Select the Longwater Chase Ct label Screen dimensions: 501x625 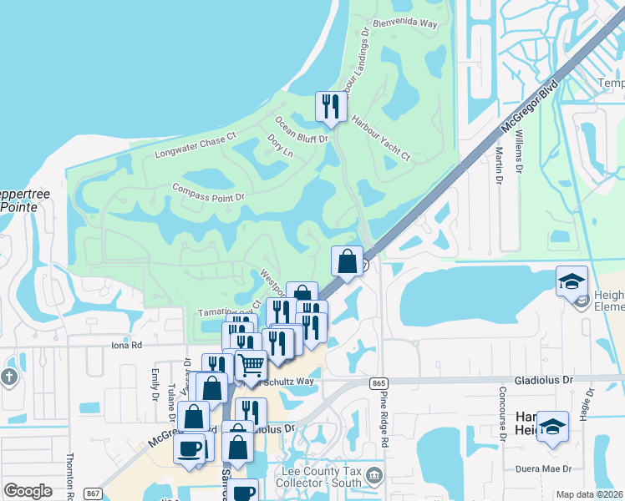pyautogui.click(x=196, y=148)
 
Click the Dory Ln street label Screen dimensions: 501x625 pyautogui.click(x=281, y=144)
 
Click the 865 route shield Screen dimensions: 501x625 pyautogui.click(x=379, y=382)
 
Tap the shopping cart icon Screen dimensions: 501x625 pyautogui.click(x=251, y=364)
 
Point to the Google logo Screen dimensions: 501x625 pyautogui.click(x=28, y=491)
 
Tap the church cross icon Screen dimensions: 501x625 pyautogui.click(x=9, y=377)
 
